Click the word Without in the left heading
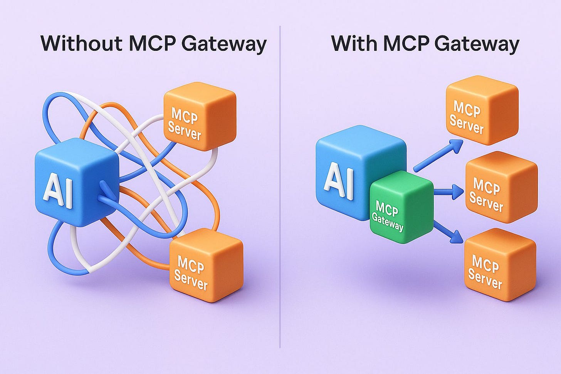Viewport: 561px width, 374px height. tap(81, 44)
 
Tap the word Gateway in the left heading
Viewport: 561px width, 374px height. tap(224, 44)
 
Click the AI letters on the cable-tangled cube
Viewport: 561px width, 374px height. tap(58, 191)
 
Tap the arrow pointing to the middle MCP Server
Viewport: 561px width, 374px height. tap(449, 191)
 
